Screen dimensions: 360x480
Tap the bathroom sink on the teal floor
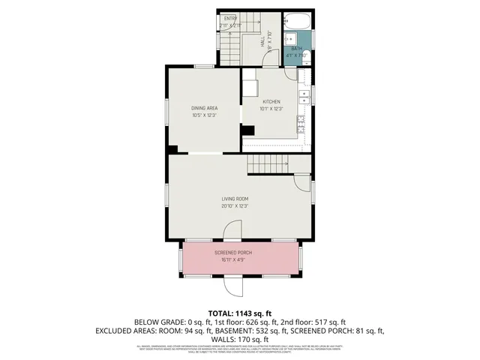coord(292,42)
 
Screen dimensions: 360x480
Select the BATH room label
coord(298,49)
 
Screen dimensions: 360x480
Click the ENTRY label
coord(229,18)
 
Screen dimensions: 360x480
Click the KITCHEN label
coord(271,102)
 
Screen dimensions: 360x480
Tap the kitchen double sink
coord(304,96)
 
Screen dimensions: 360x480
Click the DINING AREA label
coord(204,109)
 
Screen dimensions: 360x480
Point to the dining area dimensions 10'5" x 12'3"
coord(204,115)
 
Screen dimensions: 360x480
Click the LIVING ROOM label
coord(235,199)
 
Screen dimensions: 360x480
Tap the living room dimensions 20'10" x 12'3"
coord(235,205)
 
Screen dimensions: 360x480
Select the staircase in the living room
coord(268,163)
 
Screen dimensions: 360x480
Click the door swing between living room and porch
coord(232,230)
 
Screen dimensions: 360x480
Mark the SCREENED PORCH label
coord(233,253)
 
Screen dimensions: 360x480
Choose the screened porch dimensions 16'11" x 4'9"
coord(233,260)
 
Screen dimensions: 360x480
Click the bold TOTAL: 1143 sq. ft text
coord(240,313)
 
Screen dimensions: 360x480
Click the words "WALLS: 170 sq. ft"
coord(240,339)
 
